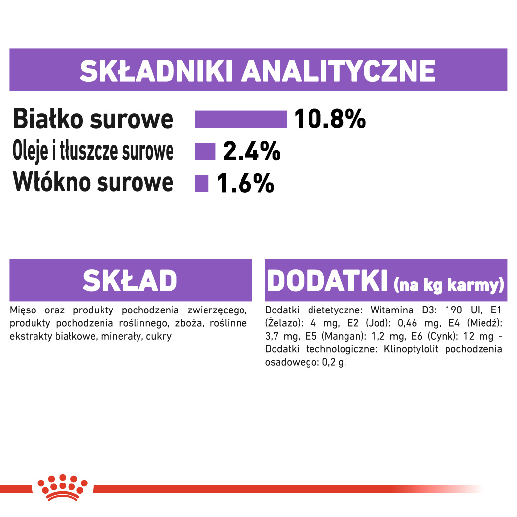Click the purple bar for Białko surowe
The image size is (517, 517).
tap(241, 119)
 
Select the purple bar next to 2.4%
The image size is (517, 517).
tap(205, 151)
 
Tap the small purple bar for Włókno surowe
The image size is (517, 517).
tap(202, 183)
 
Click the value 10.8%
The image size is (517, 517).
tap(330, 119)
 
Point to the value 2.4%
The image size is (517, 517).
tap(252, 151)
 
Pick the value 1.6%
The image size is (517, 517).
tap(245, 183)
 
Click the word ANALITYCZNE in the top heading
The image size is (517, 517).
tap(339, 71)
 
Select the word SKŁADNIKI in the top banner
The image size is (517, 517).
tap(157, 71)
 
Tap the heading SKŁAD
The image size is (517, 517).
tap(130, 280)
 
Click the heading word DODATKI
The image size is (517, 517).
tap(327, 280)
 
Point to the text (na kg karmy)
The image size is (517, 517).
tap(449, 285)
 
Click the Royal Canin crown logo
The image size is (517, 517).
tap(63, 487)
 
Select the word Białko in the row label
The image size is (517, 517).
tap(48, 119)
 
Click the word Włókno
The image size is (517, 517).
tap(52, 182)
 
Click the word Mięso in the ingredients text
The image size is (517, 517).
tap(23, 310)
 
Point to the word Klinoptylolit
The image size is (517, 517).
tap(411, 349)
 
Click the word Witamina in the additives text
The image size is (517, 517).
tap(392, 310)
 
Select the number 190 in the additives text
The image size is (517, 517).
tap(454, 310)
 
